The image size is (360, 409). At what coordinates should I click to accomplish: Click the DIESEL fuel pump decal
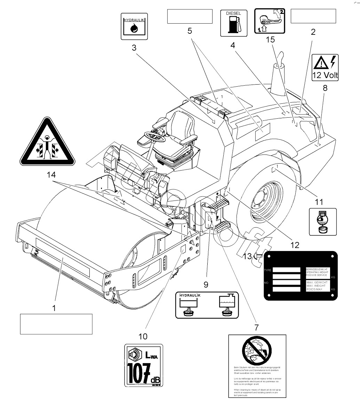[x=231, y=23]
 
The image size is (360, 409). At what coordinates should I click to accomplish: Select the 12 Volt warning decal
[x=325, y=67]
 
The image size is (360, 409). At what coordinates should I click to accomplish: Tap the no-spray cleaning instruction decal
[x=257, y=366]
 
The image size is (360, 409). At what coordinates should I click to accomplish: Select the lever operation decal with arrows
[x=270, y=21]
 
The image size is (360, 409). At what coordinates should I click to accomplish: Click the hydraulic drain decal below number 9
[x=207, y=305]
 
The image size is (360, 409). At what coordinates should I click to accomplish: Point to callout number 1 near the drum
[x=54, y=308]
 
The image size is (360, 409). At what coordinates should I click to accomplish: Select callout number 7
[x=257, y=327]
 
